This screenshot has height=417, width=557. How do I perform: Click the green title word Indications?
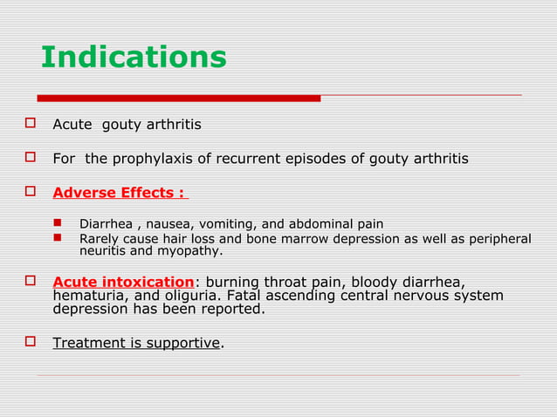134,58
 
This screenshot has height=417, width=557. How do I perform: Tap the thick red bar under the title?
179,98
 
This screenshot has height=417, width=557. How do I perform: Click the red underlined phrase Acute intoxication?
123,282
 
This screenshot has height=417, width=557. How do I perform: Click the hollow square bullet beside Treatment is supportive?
29,342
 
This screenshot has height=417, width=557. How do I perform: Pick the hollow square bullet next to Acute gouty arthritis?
29,125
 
